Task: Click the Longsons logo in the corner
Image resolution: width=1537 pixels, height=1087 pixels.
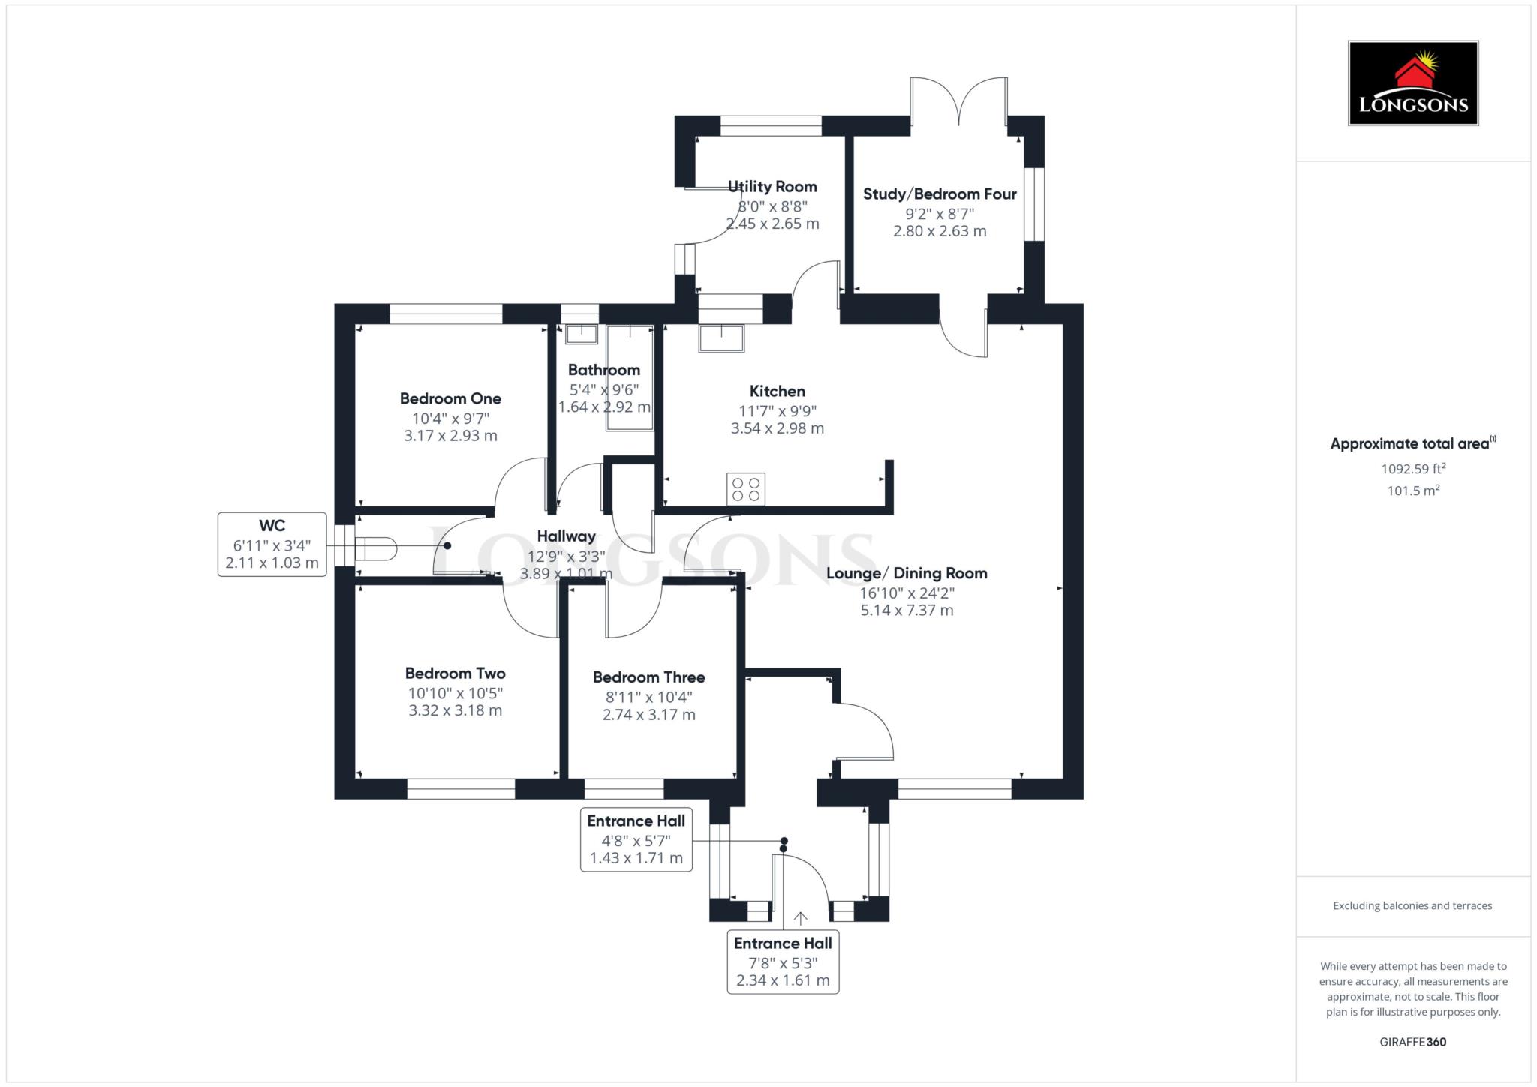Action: (1412, 83)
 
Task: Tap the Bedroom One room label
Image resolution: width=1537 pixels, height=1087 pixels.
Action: (450, 398)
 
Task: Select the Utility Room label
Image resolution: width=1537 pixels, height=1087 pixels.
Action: (772, 187)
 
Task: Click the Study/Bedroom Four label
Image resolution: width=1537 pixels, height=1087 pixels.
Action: (940, 194)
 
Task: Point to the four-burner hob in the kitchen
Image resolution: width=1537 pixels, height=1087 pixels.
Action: (746, 489)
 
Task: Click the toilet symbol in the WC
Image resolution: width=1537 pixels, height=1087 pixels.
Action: (374, 548)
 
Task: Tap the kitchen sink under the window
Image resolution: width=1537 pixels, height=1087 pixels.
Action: (721, 338)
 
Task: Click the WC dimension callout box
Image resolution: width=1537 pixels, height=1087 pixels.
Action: (272, 544)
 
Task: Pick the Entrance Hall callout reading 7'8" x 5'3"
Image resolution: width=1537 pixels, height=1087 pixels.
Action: (783, 962)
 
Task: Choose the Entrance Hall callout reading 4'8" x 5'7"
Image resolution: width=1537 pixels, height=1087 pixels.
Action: (636, 839)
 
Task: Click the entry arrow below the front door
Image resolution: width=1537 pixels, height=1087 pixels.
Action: (801, 918)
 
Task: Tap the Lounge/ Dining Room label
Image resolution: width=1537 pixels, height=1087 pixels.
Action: (907, 574)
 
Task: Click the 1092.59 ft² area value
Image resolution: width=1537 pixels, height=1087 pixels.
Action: (1413, 469)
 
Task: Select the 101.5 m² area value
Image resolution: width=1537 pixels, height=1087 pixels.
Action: (1413, 491)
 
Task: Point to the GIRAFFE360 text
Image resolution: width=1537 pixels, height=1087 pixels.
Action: (1412, 1042)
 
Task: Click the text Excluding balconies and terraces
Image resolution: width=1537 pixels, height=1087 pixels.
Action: (1412, 905)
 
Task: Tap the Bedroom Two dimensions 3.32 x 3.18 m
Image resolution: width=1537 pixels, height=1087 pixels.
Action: (455, 710)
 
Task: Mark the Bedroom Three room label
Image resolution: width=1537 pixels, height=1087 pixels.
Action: (648, 677)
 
